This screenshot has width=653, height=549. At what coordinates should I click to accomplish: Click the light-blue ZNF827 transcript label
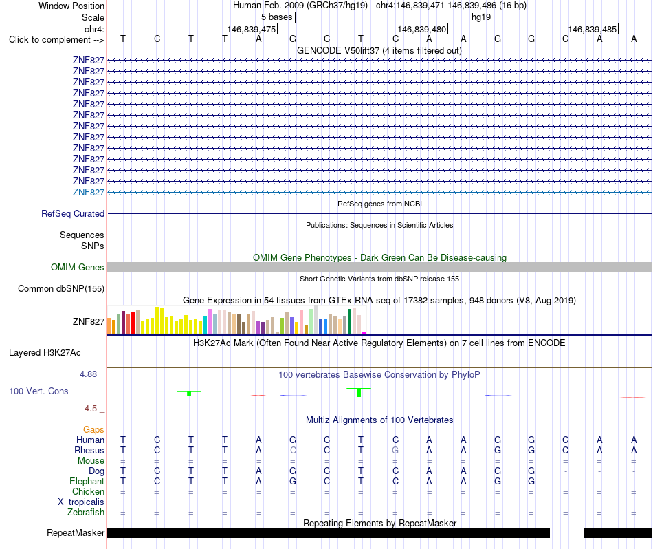[x=88, y=192]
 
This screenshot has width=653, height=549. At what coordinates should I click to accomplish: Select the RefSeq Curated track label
[x=72, y=213]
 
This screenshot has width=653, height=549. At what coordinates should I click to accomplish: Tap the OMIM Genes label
[x=77, y=267]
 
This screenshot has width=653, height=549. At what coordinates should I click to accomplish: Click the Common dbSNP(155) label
[x=60, y=288]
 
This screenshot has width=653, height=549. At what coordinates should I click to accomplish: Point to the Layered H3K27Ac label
[x=45, y=353]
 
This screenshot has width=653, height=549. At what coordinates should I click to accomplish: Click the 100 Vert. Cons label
[x=38, y=391]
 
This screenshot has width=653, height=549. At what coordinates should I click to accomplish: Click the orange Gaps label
[x=93, y=429]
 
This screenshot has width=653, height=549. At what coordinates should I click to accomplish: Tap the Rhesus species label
[x=89, y=450]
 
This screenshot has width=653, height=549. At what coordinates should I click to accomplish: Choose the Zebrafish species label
[x=86, y=512]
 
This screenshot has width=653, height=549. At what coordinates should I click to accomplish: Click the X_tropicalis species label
[x=81, y=502]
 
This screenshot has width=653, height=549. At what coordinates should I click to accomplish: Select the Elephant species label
[x=87, y=481]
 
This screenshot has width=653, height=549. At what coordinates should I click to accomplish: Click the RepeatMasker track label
[x=76, y=532]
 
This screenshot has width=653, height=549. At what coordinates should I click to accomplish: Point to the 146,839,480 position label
[x=422, y=29]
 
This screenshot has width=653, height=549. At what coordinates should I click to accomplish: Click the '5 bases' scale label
[x=276, y=17]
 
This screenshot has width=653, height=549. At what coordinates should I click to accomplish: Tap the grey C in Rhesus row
[x=293, y=450]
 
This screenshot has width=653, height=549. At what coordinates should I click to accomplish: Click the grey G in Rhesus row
[x=395, y=450]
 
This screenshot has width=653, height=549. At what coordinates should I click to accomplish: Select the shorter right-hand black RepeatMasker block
[x=618, y=532]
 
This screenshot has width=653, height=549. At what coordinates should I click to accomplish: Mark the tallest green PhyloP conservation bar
[x=359, y=392]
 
